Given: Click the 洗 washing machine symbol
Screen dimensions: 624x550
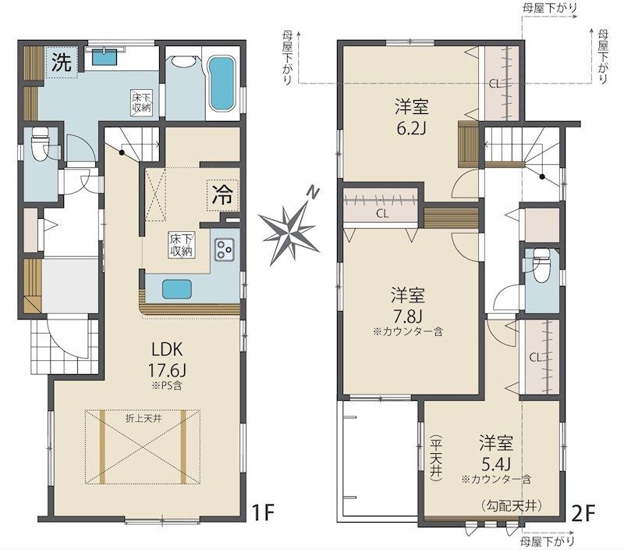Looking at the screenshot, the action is coord(62,62).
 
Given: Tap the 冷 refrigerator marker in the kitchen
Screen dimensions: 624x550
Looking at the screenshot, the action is coord(222,195).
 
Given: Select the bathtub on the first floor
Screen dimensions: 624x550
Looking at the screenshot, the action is coord(222,84).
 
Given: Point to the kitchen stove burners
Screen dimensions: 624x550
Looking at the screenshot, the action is coord(224,249).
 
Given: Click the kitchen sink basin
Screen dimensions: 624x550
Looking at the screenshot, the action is coord(177,288).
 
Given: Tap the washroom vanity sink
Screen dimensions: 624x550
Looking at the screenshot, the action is coord(105,55).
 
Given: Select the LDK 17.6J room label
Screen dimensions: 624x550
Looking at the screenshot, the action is coord(167,360).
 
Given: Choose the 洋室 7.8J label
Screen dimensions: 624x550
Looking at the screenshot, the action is coord(407,305).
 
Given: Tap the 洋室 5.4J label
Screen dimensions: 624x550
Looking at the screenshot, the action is coord(496,453).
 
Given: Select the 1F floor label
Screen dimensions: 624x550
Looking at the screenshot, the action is coord(264,512).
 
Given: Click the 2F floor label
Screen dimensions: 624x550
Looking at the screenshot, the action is coord(583,513).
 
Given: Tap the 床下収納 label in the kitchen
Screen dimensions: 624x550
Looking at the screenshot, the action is coord(181,245).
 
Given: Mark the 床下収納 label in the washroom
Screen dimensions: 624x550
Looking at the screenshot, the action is coord(142,103).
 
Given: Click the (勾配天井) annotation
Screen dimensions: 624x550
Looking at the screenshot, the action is coord(512,506).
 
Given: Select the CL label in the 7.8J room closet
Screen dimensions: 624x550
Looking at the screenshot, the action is coord(382,213).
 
